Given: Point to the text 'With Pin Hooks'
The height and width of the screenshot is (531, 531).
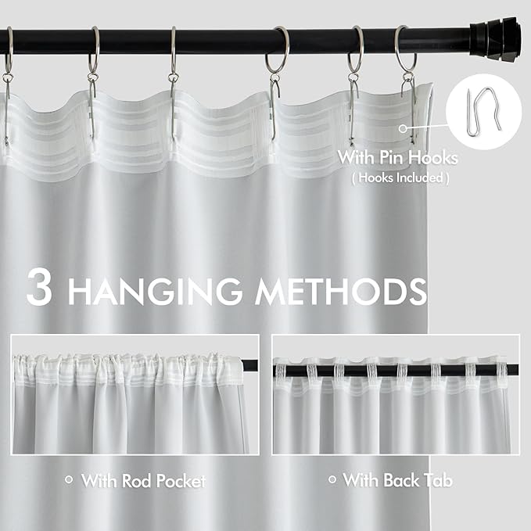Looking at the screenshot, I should pos(397,159).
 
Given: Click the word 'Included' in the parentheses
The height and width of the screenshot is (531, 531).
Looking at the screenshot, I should pos(411,178).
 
